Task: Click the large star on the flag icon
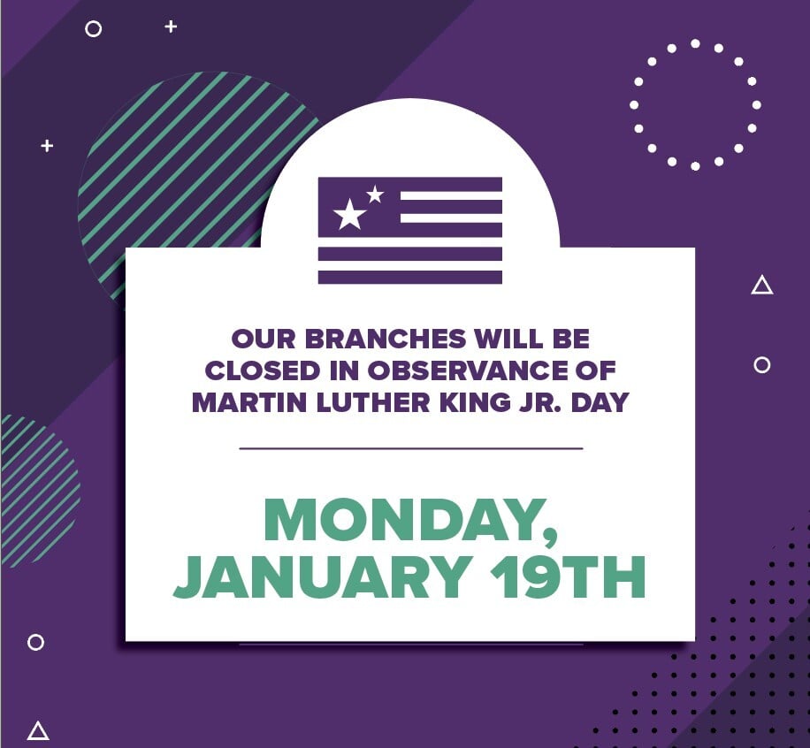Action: pyautogui.click(x=349, y=214)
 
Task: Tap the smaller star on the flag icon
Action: pyautogui.click(x=375, y=194)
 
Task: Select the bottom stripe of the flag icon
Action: pyautogui.click(x=409, y=277)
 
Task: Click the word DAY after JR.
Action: pyautogui.click(x=602, y=402)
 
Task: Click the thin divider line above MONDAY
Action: pyautogui.click(x=410, y=448)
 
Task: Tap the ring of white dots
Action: pyautogui.click(x=695, y=104)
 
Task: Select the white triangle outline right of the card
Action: pyautogui.click(x=761, y=286)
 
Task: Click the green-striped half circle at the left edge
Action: pyautogui.click(x=35, y=491)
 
